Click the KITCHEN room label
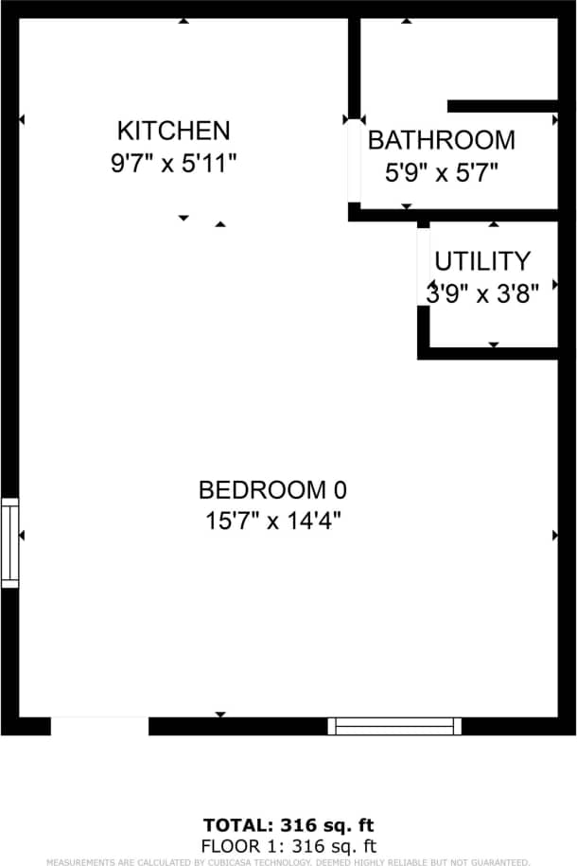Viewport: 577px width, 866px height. (173, 130)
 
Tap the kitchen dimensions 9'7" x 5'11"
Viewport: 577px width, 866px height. (173, 163)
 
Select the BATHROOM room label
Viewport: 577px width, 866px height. (441, 140)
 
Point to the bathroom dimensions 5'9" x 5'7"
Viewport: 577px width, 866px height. (441, 172)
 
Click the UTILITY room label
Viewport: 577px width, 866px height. (482, 260)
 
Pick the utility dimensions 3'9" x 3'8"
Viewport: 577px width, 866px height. (482, 293)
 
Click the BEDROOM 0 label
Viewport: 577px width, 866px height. (272, 489)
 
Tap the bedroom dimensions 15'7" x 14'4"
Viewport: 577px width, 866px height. (272, 521)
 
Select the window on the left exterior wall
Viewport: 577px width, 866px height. (9, 542)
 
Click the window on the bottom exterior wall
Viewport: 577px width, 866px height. (394, 726)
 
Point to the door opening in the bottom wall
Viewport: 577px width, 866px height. (99, 726)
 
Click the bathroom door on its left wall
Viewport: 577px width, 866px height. (354, 161)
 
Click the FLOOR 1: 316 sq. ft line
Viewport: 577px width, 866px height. (288, 845)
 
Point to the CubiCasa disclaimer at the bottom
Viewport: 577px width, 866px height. (288, 861)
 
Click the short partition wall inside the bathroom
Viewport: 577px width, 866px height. (501, 105)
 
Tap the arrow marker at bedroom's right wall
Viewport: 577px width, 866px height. (554, 536)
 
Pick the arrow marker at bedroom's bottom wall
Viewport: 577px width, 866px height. (220, 714)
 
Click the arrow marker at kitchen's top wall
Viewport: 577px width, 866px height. (184, 20)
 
